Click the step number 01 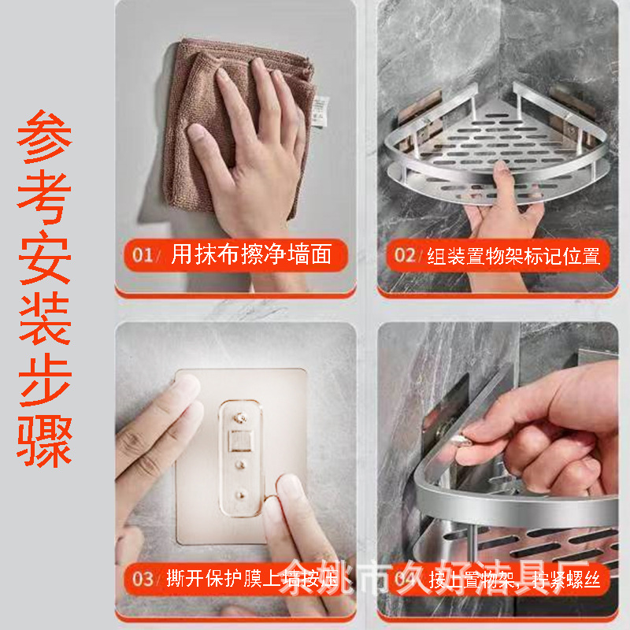click(x=143, y=254)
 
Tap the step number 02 click(x=405, y=255)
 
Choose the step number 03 click(x=143, y=580)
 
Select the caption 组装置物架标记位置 click(x=513, y=255)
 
